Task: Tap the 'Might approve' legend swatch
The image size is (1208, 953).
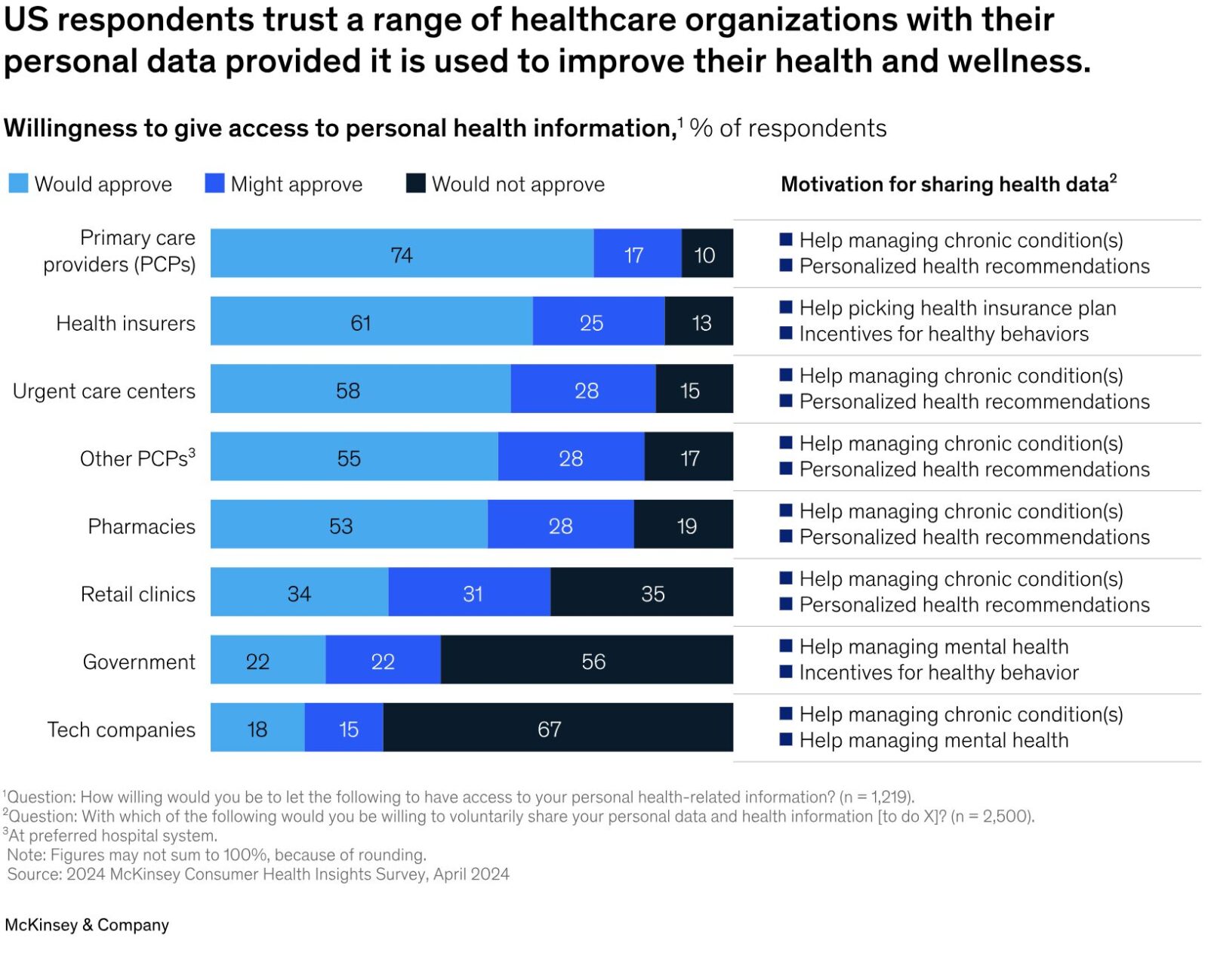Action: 214,184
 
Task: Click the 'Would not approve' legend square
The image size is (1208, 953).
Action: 415,184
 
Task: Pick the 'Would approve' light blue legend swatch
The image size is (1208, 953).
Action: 18,184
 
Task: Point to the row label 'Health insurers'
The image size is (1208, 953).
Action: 125,323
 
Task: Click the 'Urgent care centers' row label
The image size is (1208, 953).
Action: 104,391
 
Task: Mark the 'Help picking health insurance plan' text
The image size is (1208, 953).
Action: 957,308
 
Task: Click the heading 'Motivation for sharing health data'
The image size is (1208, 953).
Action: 948,184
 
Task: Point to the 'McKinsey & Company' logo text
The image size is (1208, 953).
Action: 87,925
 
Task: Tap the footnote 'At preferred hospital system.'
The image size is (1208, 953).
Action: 112,835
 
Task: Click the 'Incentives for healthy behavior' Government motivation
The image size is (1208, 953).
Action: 938,672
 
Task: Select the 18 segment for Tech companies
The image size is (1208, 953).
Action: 257,728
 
